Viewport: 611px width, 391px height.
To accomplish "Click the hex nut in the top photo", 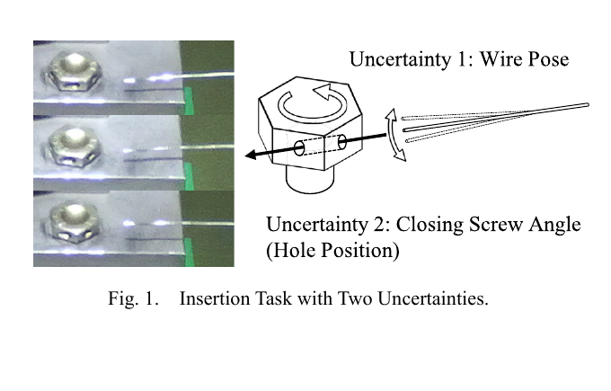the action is pos(74,73).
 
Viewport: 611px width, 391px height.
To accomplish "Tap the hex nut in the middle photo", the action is pos(74,147).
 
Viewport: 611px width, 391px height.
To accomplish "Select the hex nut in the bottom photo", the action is pos(75,221).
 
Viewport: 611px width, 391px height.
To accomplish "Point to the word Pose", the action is pos(548,59).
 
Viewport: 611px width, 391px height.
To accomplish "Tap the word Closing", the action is pos(429,226).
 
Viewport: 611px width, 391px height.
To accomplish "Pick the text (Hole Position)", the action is pos(332,250).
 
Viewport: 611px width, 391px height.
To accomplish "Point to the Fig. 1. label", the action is pos(133,298).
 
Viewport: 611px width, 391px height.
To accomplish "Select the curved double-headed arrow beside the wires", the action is pos(395,135).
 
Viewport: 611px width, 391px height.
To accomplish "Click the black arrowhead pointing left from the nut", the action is pos(252,155).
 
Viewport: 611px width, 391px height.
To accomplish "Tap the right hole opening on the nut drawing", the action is pos(341,142).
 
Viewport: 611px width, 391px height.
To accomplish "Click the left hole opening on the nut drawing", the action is pos(299,148).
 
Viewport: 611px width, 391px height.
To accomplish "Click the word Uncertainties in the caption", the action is pos(432,298).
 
